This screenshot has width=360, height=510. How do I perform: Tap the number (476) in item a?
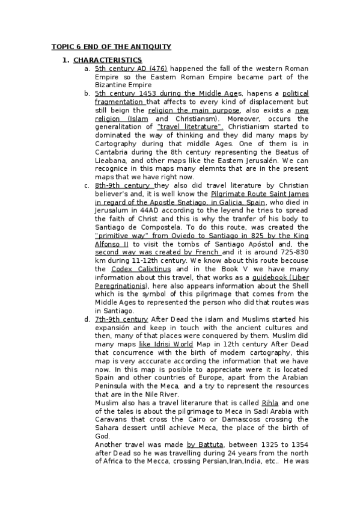click(158, 69)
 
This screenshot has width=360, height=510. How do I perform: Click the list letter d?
click(88, 319)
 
